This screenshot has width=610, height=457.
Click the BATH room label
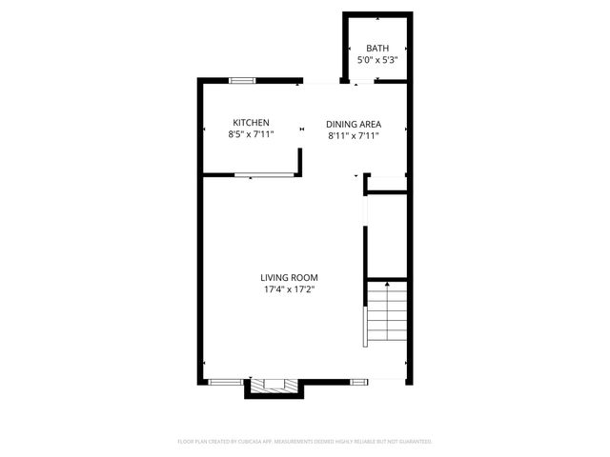click(377, 49)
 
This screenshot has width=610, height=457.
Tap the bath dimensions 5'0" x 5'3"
click(377, 60)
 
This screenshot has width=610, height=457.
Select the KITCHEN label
click(252, 123)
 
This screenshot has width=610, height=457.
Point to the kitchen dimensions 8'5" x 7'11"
click(252, 135)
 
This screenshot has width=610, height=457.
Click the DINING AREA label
click(353, 124)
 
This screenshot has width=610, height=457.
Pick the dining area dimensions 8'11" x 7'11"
click(353, 136)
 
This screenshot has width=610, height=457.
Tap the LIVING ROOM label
click(290, 277)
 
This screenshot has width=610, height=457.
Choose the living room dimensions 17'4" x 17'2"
click(289, 289)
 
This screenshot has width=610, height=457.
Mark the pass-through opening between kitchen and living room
click(265, 174)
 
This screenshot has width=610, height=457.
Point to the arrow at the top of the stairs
click(387, 285)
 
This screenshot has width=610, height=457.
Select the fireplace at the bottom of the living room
click(274, 385)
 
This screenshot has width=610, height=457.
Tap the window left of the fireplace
click(225, 381)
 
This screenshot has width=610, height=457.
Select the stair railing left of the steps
click(363, 325)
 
